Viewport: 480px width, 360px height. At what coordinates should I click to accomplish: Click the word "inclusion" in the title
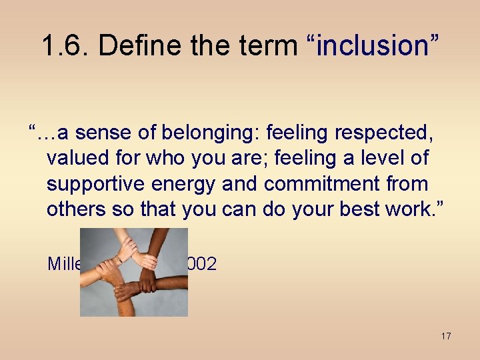(373, 46)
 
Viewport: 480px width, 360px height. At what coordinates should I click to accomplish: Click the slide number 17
(445, 336)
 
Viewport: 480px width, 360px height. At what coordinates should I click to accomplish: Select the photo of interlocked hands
(134, 272)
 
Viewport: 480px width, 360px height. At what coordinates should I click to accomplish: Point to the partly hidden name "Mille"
(64, 264)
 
